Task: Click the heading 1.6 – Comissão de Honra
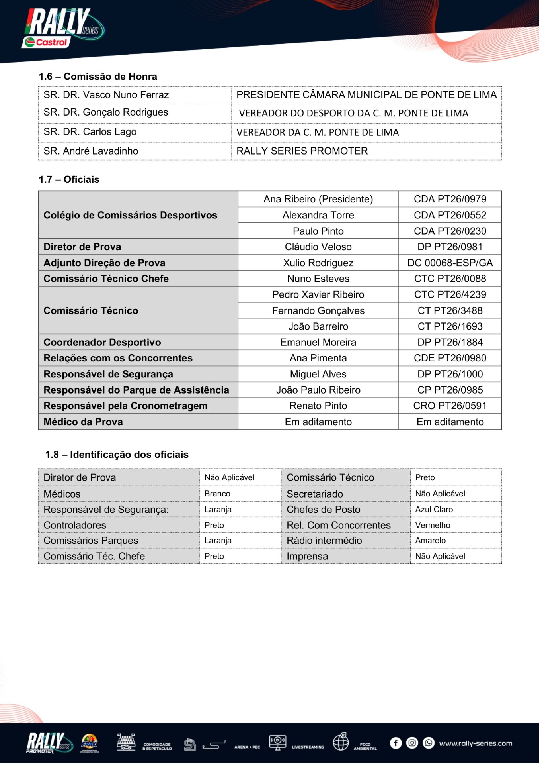(x=97, y=76)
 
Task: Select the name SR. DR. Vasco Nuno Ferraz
(x=106, y=95)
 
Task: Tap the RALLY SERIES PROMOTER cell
(x=302, y=151)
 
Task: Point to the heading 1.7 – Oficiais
(x=69, y=180)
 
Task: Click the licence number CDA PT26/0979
(x=450, y=199)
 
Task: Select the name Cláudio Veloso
(x=318, y=247)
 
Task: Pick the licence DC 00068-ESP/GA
(x=450, y=263)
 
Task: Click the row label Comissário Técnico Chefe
(x=106, y=279)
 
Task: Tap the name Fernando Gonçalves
(x=318, y=311)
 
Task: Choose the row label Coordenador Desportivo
(x=102, y=342)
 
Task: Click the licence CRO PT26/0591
(x=450, y=406)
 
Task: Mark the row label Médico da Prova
(x=83, y=422)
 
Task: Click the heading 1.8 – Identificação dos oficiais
(x=117, y=455)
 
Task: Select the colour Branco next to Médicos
(x=217, y=494)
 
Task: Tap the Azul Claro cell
(x=434, y=510)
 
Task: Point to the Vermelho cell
(x=433, y=525)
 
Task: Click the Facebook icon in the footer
(x=396, y=743)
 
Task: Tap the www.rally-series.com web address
(x=475, y=743)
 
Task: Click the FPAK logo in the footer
(x=89, y=743)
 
